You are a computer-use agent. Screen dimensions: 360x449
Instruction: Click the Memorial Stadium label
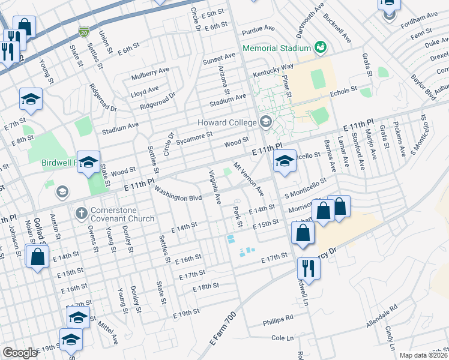click(276, 47)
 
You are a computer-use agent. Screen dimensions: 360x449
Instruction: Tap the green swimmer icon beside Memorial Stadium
click(320, 47)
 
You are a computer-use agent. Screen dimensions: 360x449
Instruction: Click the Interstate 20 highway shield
click(83, 30)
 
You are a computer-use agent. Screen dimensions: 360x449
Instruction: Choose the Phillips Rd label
click(278, 319)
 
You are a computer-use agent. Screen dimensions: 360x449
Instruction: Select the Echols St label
click(344, 93)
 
